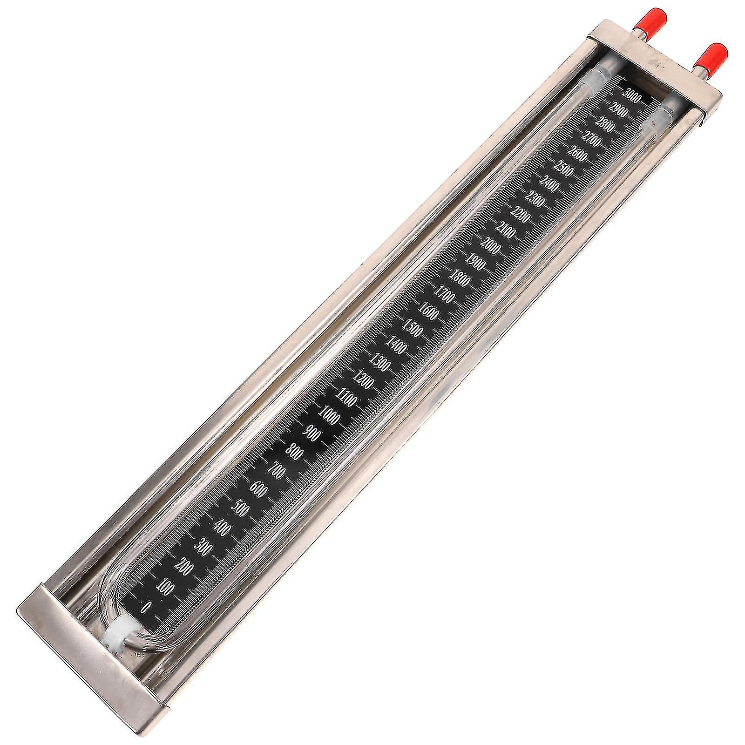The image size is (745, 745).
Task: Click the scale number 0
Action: tap(148, 607)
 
